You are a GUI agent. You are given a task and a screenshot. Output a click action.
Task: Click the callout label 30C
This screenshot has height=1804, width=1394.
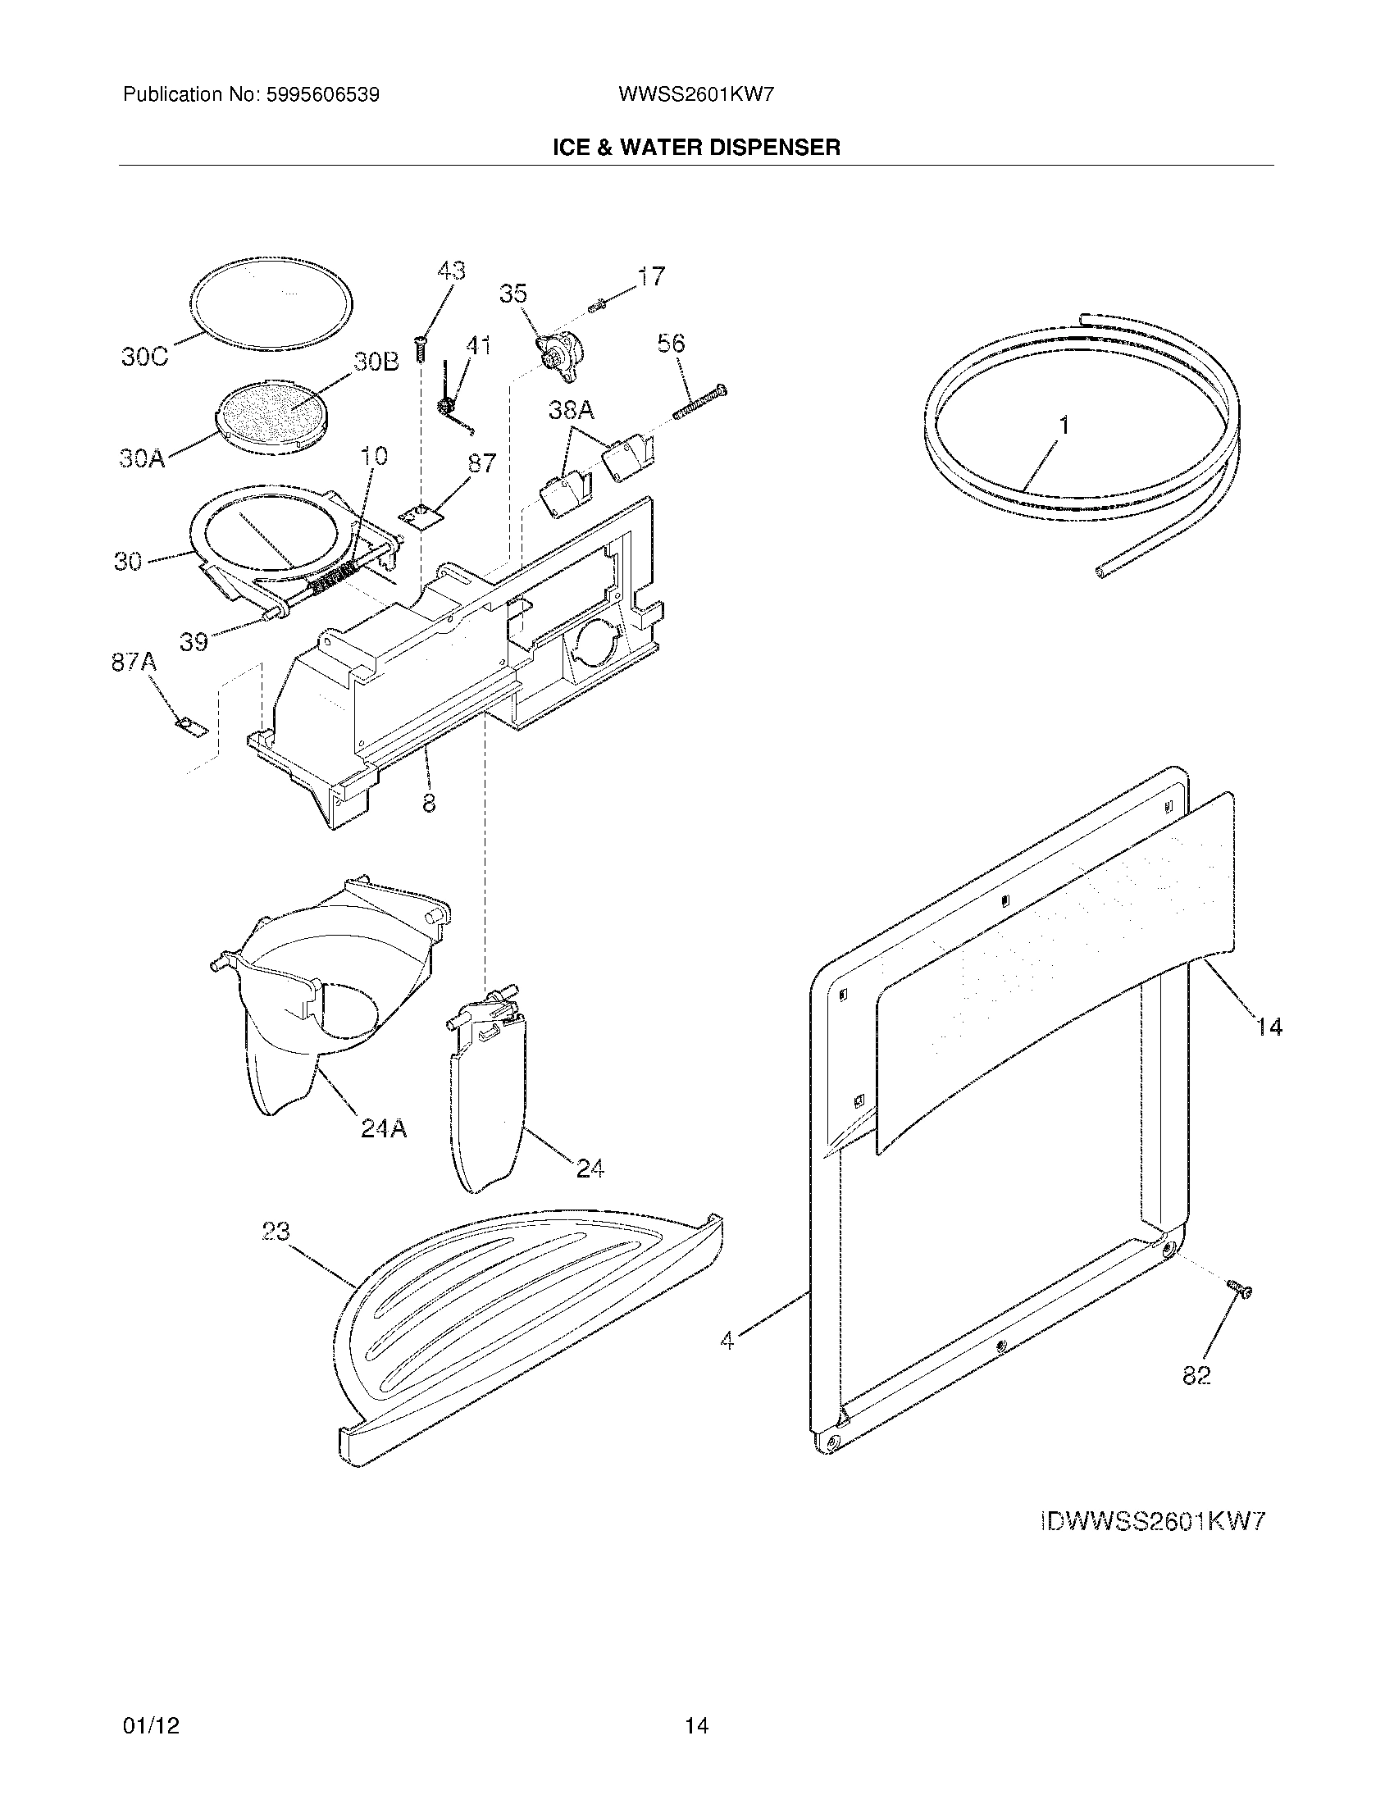click(x=144, y=358)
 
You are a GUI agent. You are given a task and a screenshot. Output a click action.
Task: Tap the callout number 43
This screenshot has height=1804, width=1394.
click(x=451, y=271)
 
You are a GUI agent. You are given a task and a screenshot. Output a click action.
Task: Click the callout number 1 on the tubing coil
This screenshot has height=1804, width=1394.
click(x=1064, y=426)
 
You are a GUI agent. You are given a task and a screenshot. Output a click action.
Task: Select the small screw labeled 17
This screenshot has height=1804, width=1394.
click(x=597, y=307)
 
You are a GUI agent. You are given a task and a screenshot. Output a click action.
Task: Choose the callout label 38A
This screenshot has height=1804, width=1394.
click(x=572, y=410)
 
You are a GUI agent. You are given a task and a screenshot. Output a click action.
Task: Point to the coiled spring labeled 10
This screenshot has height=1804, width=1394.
click(x=335, y=578)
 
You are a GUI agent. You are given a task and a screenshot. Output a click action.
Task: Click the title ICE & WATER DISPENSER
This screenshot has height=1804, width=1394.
click(x=696, y=148)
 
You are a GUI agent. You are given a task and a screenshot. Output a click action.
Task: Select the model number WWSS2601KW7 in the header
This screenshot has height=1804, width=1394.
click(x=695, y=95)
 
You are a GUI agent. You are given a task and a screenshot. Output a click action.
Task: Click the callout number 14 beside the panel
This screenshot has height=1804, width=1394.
click(x=1269, y=1027)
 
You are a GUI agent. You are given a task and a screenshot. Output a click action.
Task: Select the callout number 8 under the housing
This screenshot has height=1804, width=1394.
click(x=430, y=802)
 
